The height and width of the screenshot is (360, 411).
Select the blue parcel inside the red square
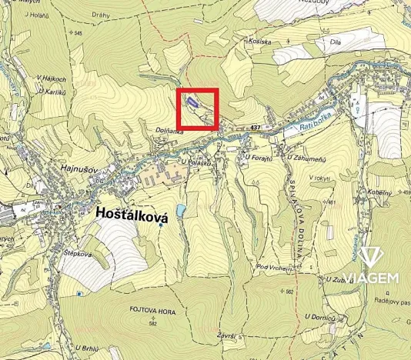(x=192, y=102)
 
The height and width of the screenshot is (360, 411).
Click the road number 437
(x=256, y=126)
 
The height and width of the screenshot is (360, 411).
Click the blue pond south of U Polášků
(x=180, y=210)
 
